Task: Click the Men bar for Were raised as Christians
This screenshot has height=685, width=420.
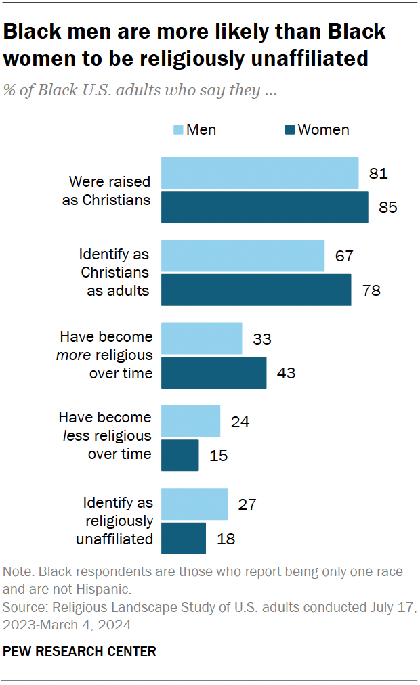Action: coord(259,173)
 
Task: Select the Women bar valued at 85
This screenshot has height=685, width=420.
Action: coord(264,207)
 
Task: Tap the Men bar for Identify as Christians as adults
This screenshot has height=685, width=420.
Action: coord(243,256)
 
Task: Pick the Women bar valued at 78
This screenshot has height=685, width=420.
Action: coord(256,290)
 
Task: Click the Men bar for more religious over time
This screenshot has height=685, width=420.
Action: coord(201,338)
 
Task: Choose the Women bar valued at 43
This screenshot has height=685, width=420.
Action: coord(213,372)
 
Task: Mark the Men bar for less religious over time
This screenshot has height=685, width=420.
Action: coord(190,422)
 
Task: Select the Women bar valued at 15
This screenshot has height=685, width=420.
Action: coord(180,455)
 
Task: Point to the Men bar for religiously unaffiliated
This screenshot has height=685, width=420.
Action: coord(194,504)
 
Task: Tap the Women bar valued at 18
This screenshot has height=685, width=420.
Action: coord(183,538)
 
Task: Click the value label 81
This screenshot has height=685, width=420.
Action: coord(378,173)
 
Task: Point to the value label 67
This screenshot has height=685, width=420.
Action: coord(344,256)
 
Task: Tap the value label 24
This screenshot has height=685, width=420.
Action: coord(240,422)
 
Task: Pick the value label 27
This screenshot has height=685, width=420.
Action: coord(247,504)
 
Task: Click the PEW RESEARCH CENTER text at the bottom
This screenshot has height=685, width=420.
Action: coord(80,651)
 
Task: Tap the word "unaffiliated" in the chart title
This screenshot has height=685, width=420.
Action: coord(301,59)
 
